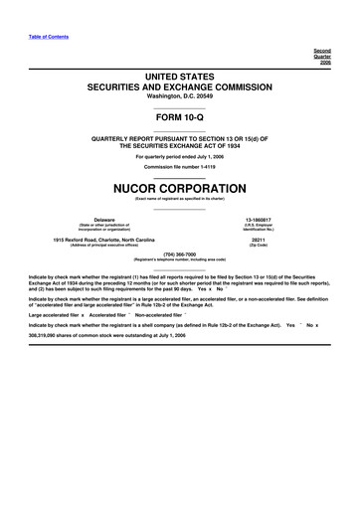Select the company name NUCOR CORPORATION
coord(180,187)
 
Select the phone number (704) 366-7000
coord(180,253)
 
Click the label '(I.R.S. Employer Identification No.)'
coord(258,227)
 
